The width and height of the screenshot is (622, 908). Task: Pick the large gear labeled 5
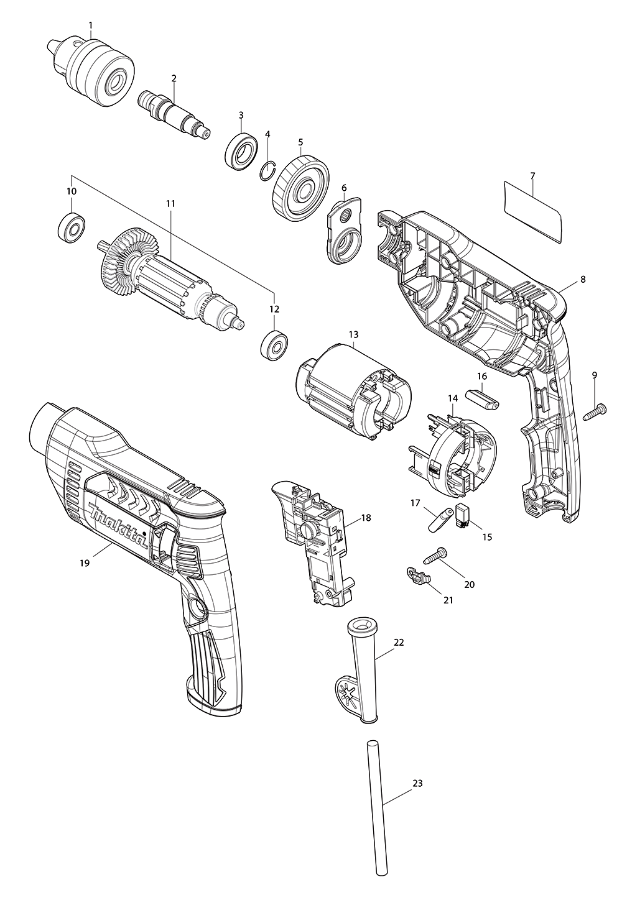tap(301, 187)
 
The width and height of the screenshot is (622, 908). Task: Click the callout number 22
tap(399, 642)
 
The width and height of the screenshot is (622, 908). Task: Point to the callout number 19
tap(85, 562)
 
